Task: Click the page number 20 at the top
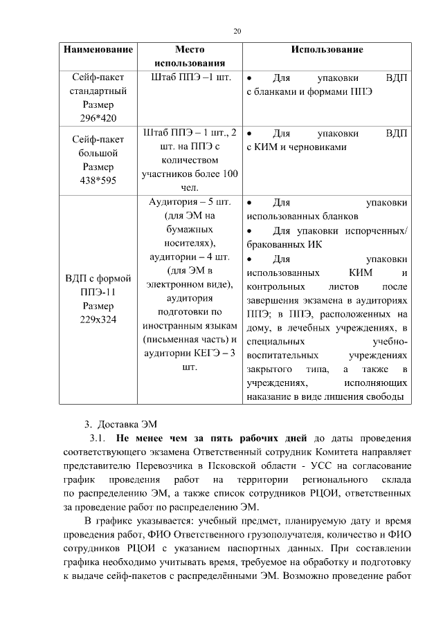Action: (237, 31)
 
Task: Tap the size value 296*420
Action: (98, 118)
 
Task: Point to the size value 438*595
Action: (98, 181)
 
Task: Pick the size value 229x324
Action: (98, 320)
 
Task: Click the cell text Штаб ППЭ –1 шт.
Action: (190, 76)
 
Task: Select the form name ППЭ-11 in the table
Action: (98, 292)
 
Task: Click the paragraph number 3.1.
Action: (98, 438)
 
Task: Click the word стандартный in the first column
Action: (98, 90)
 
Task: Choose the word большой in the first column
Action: (98, 153)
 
